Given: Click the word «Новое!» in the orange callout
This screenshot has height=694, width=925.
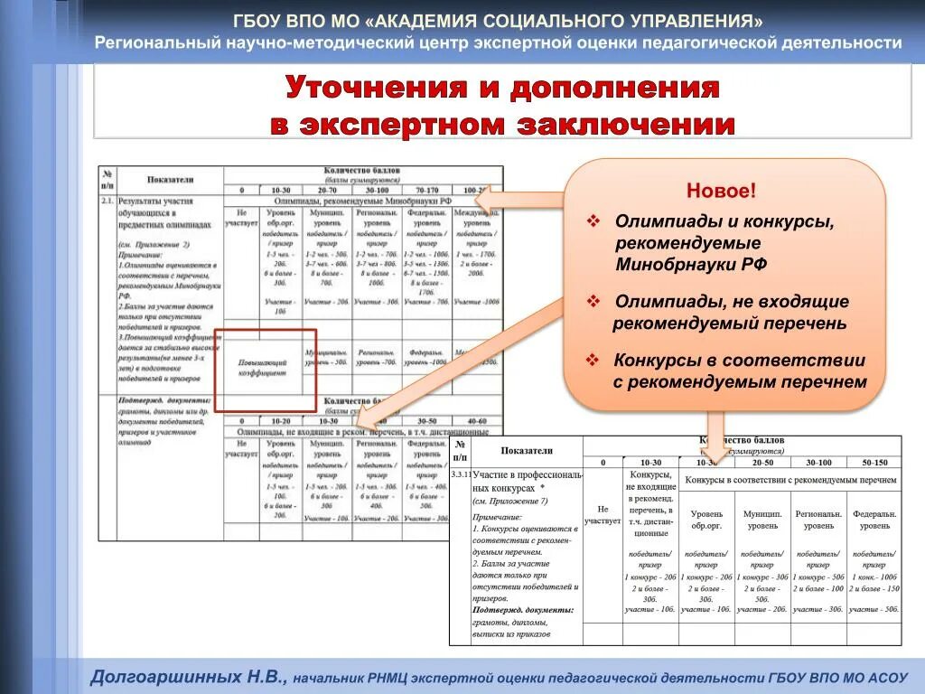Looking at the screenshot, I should pos(721,191).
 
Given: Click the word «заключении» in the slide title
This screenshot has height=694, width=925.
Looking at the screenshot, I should pos(625,126).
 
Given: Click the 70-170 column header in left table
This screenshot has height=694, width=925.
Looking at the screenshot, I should pos(426,191).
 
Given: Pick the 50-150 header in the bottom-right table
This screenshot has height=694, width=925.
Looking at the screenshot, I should pos(874,462).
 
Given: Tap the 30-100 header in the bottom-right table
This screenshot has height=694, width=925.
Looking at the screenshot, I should pos(818,462).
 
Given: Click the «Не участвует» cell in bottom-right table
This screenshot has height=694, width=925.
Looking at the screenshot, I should pos(603,515).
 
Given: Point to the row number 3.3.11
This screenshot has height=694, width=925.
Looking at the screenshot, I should pos(460,474).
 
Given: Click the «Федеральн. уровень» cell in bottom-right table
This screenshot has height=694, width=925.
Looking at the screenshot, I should pos(874,520).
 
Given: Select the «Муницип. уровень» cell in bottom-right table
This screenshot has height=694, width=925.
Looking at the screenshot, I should pos(761,520).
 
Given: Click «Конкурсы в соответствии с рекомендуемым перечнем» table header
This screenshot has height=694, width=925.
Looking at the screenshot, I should pos(790,480).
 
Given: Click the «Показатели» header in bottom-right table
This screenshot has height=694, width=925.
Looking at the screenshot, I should pos(527,449).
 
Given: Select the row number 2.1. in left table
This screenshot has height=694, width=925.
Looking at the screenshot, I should pos(107,202).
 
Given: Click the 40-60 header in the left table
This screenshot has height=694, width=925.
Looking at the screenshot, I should pos(475,421).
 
